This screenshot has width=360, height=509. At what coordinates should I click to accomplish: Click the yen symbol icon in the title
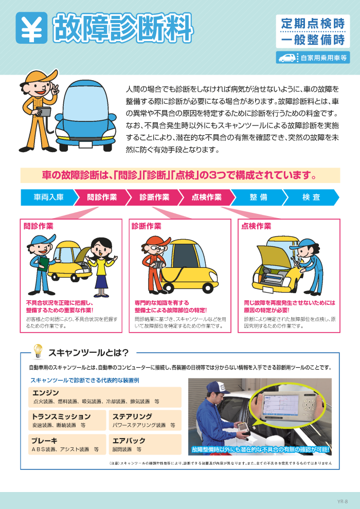click(31, 28)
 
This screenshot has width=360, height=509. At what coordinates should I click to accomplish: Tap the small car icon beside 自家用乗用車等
click(287, 58)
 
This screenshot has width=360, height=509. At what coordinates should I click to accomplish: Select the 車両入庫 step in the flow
click(49, 197)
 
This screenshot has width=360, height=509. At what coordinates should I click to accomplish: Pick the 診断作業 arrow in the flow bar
click(155, 197)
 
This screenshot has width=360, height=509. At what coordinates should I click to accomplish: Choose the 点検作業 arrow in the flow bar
click(207, 197)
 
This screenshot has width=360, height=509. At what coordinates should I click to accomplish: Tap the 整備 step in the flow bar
click(259, 197)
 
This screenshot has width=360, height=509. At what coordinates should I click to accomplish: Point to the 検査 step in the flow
click(311, 197)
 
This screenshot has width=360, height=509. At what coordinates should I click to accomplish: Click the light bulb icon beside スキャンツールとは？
click(38, 352)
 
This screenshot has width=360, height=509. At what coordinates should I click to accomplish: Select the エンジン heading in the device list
click(45, 393)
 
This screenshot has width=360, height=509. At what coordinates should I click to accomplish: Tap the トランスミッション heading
click(61, 416)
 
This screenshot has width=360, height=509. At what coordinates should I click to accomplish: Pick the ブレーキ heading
click(44, 441)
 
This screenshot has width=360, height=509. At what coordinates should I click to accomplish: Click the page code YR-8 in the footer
click(342, 501)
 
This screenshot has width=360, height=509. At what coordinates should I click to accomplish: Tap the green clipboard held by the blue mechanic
click(43, 264)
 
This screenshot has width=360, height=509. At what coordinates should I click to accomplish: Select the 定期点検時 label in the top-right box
click(313, 23)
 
